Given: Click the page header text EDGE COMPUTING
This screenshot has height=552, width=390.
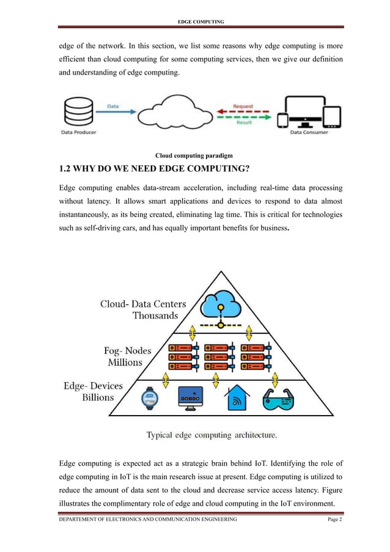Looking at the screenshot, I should pyautogui.click(x=201, y=22).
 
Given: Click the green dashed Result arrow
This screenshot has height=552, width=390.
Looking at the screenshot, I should pyautogui.click(x=243, y=117).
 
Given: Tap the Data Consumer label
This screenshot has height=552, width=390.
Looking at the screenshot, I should pyautogui.click(x=309, y=132).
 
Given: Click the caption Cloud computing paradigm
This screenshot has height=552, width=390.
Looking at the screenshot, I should pyautogui.click(x=194, y=155).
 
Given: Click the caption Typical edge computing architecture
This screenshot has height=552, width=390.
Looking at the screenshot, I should pyautogui.click(x=212, y=435).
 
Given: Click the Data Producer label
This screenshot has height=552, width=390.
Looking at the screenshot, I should pyautogui.click(x=78, y=132).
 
